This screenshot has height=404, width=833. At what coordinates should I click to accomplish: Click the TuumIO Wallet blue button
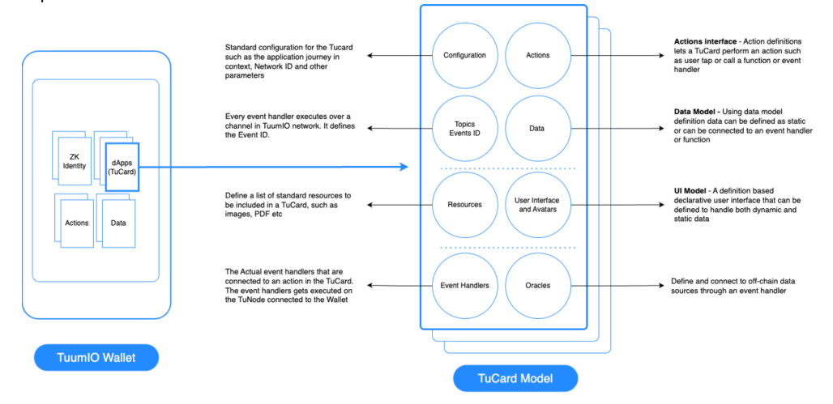point(96,357)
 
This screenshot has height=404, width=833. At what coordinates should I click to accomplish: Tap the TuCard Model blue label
point(515,379)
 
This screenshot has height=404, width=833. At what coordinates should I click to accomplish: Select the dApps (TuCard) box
point(122,167)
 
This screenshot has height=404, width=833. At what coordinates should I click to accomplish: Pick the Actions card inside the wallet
point(77,223)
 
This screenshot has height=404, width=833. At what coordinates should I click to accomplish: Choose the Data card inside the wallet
point(118,223)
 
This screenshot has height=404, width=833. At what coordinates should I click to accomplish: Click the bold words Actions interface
point(704,40)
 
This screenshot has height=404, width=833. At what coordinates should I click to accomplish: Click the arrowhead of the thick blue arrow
point(404,167)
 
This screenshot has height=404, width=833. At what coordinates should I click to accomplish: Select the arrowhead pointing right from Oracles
point(662,286)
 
